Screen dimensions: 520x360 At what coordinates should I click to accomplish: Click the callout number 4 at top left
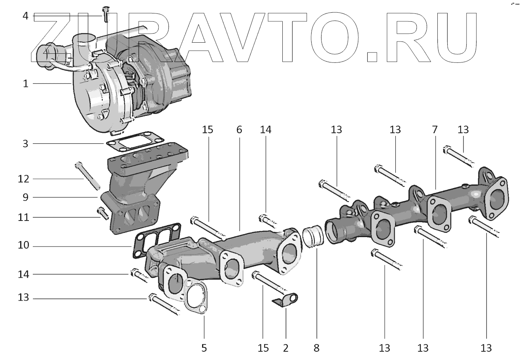(x=25, y=16)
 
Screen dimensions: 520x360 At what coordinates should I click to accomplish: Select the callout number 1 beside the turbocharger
(x=25, y=84)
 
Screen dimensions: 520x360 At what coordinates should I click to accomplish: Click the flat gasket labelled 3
(x=124, y=141)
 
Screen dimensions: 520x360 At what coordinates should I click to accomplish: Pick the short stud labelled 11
(x=102, y=213)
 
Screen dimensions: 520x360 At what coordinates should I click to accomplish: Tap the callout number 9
(x=25, y=197)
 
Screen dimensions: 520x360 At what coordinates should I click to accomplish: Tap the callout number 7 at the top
(x=435, y=130)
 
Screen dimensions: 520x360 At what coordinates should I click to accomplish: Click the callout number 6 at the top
(x=239, y=130)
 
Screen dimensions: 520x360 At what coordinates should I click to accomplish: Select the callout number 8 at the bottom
(x=316, y=348)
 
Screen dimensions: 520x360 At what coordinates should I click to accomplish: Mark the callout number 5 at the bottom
(x=204, y=348)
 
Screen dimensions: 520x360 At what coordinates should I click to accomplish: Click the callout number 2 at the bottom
(x=286, y=348)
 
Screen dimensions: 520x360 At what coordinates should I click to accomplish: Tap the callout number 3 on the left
(x=25, y=143)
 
